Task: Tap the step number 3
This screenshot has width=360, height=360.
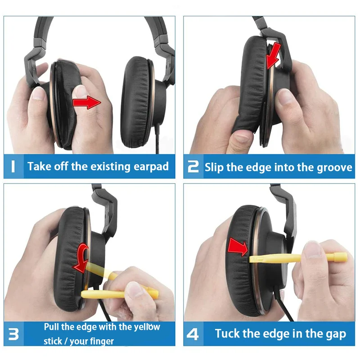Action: (x=14, y=334)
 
